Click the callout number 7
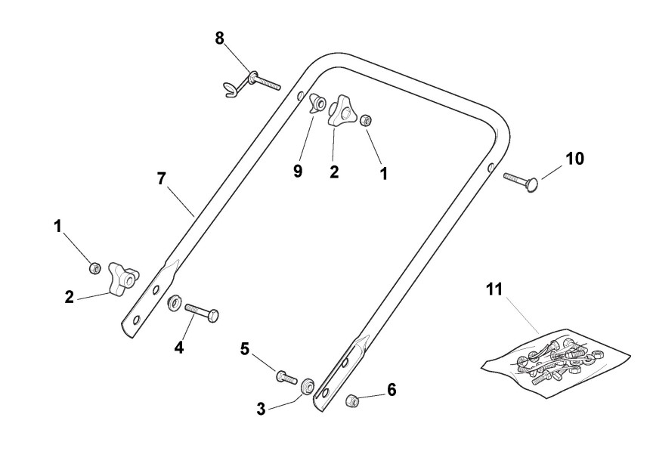coord(160,179)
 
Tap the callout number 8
coord(219,39)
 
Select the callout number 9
coord(298,172)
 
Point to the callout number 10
coord(574,158)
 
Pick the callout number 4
coord(178,348)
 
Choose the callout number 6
coord(391,390)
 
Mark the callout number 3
coord(261,409)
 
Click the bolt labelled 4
coord(202,311)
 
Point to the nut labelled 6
coord(351,399)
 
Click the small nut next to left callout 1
coord(95,267)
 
